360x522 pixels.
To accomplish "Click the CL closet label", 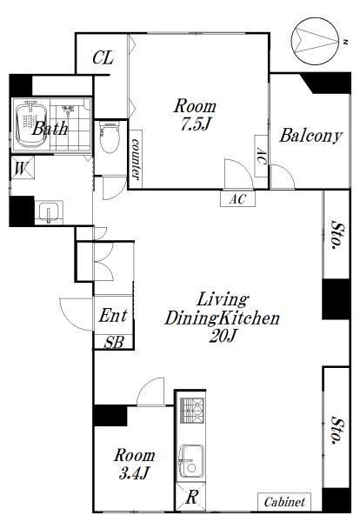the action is (103, 57).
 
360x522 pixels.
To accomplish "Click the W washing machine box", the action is (23, 168).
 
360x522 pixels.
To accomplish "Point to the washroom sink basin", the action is (49, 211).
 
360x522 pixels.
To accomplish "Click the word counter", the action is (136, 159).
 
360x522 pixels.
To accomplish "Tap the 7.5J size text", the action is (196, 124).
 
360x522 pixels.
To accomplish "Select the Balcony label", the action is (310, 136).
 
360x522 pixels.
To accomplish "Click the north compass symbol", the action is (316, 42).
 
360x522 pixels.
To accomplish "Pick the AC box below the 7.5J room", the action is (238, 198).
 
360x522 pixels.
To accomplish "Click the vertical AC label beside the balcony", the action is (262, 157).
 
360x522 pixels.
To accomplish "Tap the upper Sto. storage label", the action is (337, 236).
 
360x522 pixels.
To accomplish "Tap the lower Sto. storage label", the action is (337, 431).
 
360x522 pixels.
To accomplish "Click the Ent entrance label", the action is (113, 315).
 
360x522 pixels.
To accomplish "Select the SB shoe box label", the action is (114, 342).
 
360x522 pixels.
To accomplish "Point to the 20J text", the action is (223, 337).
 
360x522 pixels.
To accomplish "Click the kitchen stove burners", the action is (192, 410).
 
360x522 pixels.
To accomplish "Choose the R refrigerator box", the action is (191, 498).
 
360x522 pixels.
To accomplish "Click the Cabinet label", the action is (284, 502).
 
